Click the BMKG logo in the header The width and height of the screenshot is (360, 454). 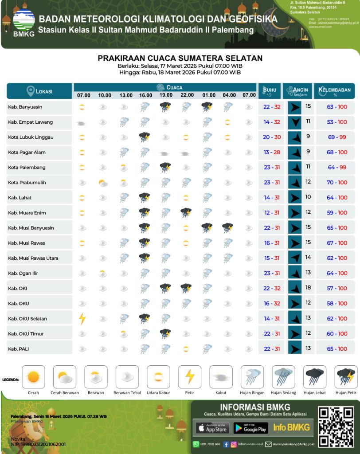[23, 22]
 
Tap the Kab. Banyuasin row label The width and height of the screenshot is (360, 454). [25, 107]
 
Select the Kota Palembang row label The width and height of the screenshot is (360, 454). [27, 168]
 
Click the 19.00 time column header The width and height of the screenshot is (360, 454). [166, 95]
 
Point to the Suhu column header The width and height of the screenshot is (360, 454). [270, 91]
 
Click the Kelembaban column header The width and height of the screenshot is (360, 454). [335, 91]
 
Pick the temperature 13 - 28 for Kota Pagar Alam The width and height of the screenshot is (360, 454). [272, 153]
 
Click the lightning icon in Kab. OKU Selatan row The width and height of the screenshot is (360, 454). [82, 318]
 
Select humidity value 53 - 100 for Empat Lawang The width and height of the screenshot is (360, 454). [337, 122]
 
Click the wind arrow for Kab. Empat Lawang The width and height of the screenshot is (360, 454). [294, 122]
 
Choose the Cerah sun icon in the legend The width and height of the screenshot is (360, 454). [34, 377]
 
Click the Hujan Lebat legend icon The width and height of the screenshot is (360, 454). [315, 377]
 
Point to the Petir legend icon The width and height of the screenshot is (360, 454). [189, 377]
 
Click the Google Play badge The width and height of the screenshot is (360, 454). [251, 428]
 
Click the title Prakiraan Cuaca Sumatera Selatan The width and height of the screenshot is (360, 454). [180, 58]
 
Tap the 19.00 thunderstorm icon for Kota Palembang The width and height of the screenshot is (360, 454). [166, 167]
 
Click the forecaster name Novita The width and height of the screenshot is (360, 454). [18, 438]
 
